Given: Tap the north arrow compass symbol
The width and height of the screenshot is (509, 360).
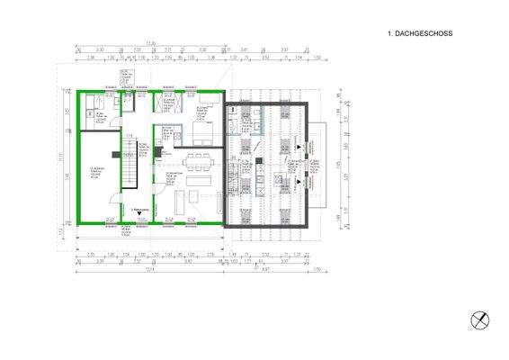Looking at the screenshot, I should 481,319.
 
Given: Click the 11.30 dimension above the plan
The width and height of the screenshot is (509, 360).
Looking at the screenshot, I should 153,42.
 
